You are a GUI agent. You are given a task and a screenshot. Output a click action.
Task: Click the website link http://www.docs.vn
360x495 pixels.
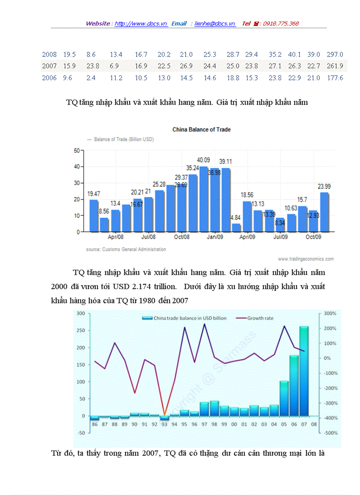[141, 24]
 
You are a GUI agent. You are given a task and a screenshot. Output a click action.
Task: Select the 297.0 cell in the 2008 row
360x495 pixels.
[335, 55]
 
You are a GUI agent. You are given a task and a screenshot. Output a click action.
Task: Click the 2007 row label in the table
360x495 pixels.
[49, 66]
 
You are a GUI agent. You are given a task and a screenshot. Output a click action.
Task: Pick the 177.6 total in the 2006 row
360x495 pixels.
[335, 78]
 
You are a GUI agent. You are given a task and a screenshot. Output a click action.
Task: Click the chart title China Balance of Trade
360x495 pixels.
[201, 130]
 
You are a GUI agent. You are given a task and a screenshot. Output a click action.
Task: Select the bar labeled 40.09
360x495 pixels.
[204, 198]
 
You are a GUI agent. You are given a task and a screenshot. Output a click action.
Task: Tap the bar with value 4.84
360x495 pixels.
[236, 227]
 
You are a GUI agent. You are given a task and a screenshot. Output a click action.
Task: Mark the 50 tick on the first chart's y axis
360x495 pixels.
[76, 151]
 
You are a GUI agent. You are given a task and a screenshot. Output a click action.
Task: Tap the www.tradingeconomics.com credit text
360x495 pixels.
[306, 259]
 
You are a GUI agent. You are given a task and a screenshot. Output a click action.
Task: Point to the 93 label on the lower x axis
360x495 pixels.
[164, 424]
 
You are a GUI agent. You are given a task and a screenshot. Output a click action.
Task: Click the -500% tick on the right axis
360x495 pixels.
[330, 433]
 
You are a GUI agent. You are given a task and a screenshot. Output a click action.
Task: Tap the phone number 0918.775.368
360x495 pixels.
[281, 24]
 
